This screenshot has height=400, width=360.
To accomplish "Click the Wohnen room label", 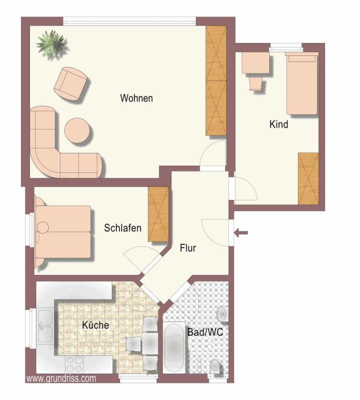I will click(136, 98).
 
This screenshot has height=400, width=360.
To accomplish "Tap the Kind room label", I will click(278, 124).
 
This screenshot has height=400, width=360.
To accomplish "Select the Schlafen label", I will click(122, 228).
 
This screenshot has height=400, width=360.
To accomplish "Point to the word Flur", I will click(188, 247).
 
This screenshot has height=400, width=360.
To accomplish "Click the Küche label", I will click(95, 325).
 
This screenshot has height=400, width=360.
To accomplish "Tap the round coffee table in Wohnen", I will click(77, 130).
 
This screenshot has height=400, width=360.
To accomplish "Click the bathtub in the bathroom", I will click(174, 347).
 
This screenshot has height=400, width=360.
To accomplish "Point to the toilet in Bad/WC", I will click(215, 366).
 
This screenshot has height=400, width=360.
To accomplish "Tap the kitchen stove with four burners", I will click(74, 364).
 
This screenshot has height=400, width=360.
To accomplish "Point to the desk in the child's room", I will click(256, 63).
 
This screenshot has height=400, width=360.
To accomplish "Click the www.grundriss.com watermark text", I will click(60, 378).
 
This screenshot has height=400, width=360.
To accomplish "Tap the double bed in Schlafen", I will click(64, 231).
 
